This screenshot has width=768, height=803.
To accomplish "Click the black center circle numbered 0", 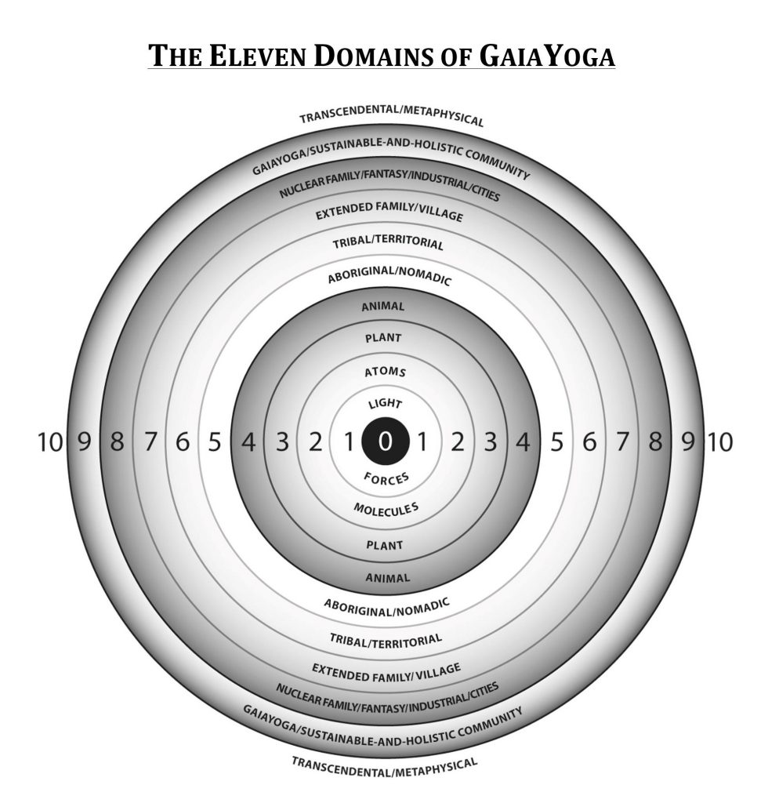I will pyautogui.click(x=384, y=442).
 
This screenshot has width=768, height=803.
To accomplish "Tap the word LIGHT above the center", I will pyautogui.click(x=384, y=405).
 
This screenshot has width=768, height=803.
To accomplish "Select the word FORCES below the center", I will pyautogui.click(x=384, y=478).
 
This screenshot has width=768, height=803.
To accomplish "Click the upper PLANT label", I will pyautogui.click(x=384, y=338).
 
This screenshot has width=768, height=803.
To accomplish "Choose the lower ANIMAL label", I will pyautogui.click(x=384, y=578).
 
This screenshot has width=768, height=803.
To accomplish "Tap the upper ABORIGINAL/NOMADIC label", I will pyautogui.click(x=384, y=275).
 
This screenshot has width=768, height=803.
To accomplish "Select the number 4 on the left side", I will pyautogui.click(x=248, y=443).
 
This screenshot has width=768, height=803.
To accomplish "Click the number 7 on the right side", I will pyautogui.click(x=621, y=443).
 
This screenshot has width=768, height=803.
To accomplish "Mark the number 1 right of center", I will pyautogui.click(x=422, y=443).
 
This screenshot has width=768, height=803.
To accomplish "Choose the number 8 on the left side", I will pyautogui.click(x=117, y=443).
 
